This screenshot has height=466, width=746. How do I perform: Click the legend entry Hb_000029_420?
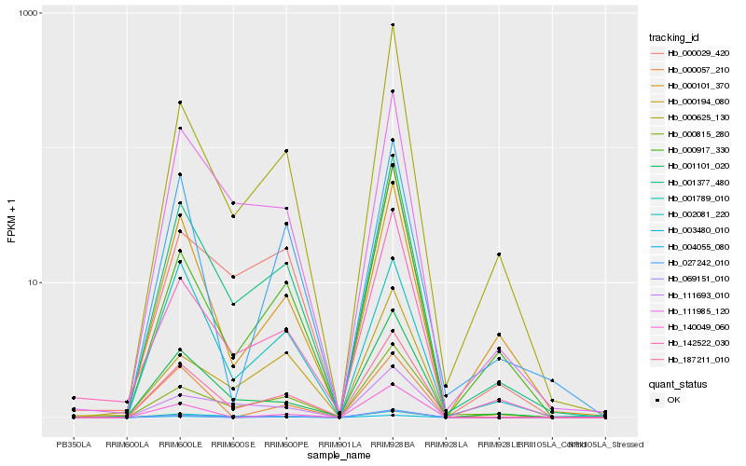[x=692, y=53]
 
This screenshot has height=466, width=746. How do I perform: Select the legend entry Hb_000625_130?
[x=692, y=117]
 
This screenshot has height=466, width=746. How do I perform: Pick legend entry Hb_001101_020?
[x=692, y=166]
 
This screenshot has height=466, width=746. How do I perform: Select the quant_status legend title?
[x=679, y=383]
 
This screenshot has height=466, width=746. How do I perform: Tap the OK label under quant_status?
[x=672, y=399]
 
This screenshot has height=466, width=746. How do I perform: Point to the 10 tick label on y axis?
[x=35, y=282]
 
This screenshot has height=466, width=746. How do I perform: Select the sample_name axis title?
[x=339, y=456]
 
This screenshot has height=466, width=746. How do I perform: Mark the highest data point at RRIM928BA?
[x=393, y=25]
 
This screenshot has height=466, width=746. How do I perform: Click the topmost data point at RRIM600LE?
[x=180, y=103]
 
